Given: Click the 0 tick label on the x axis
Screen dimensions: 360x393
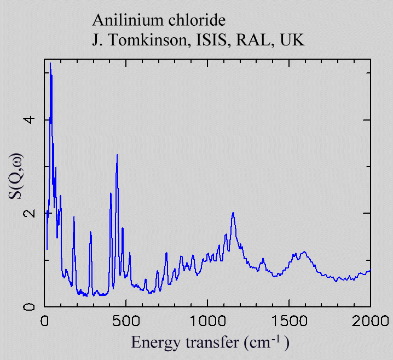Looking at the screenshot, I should tap(44, 320).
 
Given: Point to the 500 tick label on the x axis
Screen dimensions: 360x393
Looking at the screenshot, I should tap(126, 320).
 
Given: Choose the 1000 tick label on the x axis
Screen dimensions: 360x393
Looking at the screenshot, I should tap(207, 320).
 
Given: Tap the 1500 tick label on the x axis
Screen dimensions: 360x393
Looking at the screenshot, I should tap(289, 320).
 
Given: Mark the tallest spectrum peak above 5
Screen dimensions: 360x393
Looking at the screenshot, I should tap(50, 64).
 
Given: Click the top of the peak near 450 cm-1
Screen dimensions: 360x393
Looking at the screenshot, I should tap(117, 155).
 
